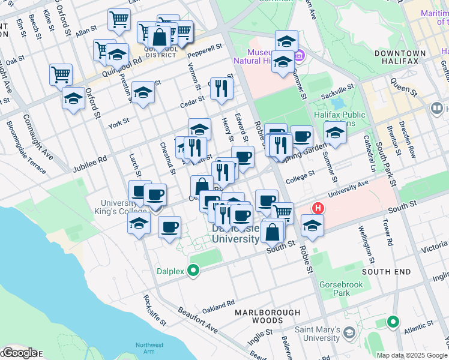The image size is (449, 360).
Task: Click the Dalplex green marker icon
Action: point(193,271)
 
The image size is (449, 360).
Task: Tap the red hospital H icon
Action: point(318,209)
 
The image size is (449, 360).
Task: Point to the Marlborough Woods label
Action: point(267,317)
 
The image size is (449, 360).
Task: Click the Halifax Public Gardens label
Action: point(339,119)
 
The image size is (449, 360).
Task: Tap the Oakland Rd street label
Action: point(218,307)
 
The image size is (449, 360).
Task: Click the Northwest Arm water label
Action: point(149,349)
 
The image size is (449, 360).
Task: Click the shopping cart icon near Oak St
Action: point(61,75)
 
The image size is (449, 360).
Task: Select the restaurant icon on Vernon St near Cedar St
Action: point(222,88)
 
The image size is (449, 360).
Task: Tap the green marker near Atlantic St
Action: point(393,322)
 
